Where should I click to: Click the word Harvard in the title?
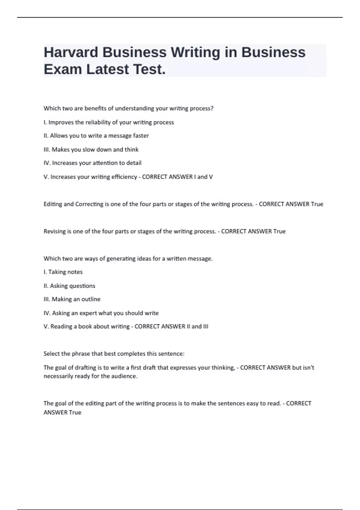click(71, 52)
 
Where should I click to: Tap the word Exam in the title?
click(63, 69)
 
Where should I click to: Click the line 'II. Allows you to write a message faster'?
click(96, 136)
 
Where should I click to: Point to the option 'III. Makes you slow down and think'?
click(91, 149)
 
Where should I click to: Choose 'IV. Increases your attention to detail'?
click(92, 163)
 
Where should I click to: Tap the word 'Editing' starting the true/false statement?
click(53, 204)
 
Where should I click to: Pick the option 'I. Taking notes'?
click(63, 272)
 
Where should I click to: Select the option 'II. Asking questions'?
click(69, 286)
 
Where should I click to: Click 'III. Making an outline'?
click(72, 299)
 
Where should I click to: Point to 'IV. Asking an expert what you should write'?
click(101, 313)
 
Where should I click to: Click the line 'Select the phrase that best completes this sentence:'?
click(114, 354)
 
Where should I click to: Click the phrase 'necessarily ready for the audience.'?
click(91, 376)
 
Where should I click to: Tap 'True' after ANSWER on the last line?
click(75, 412)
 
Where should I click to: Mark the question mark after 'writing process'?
click(212, 108)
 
